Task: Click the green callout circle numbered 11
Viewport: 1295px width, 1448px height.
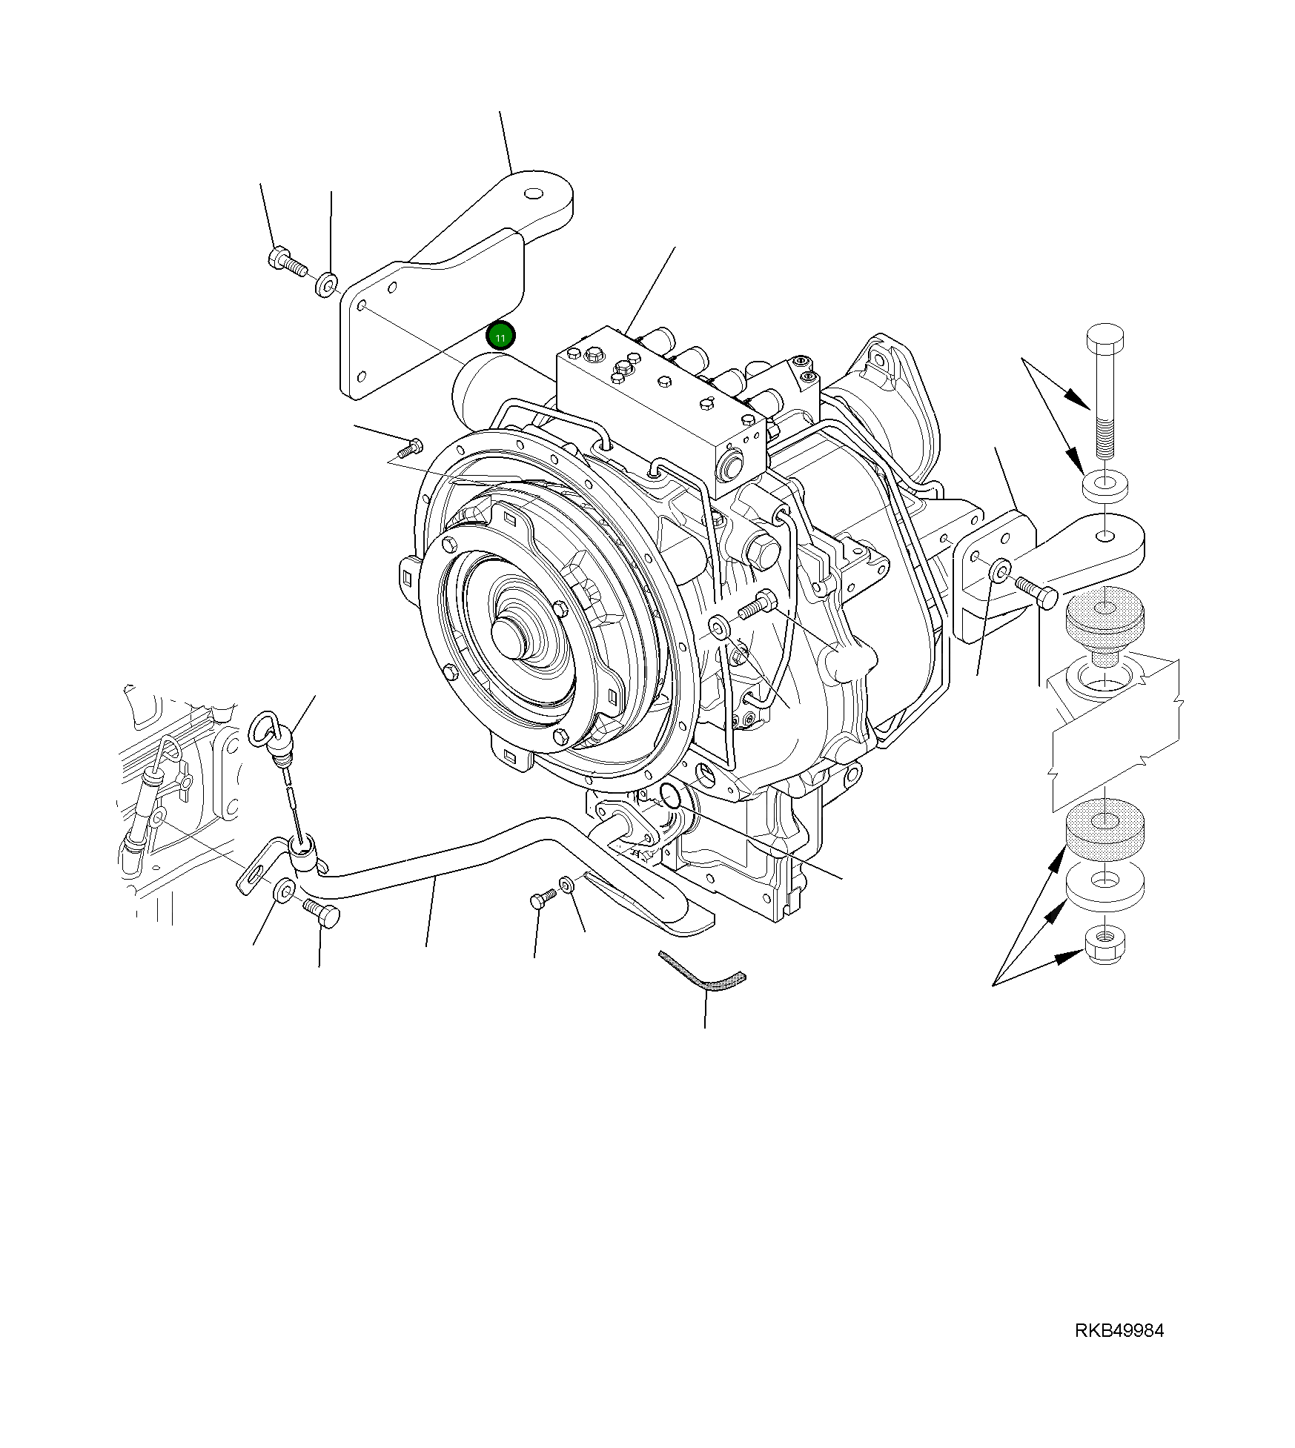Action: tap(500, 337)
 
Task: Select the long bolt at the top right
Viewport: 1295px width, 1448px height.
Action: tap(1104, 385)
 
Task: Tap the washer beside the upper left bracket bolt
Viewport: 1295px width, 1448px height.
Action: tap(326, 284)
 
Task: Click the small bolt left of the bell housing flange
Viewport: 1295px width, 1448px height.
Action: tap(410, 448)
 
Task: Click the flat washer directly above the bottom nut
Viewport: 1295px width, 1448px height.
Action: tap(1104, 883)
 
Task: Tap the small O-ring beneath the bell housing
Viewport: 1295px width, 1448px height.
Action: tap(669, 795)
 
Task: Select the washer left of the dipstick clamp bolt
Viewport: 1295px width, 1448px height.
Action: tap(284, 890)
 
